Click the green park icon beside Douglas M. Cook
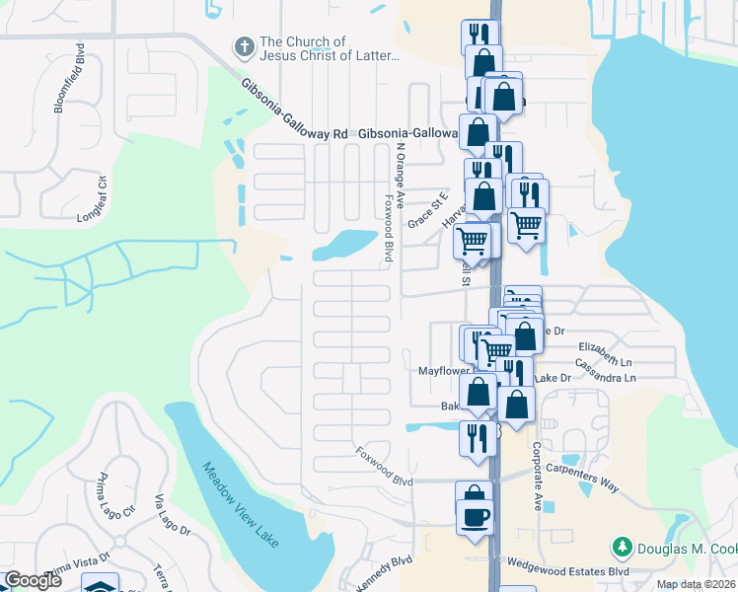pyautogui.click(x=623, y=546)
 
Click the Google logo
pyautogui.click(x=33, y=580)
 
